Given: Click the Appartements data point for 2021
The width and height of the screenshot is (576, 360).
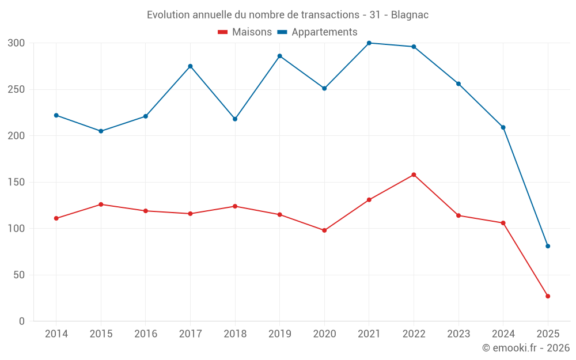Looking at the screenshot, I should (x=369, y=43).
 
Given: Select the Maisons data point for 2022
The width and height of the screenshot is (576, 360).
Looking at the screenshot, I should (x=414, y=175).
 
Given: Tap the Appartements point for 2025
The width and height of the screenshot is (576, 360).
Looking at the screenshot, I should (x=548, y=246).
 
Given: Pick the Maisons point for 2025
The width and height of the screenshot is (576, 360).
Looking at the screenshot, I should (x=548, y=296).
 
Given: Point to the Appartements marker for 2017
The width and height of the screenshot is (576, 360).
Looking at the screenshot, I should (x=190, y=66).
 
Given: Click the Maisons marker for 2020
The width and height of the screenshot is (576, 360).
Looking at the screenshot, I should (x=324, y=230).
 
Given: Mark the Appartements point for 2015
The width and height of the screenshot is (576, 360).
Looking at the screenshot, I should (x=101, y=131).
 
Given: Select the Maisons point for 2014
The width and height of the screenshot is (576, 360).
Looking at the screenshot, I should (x=56, y=218).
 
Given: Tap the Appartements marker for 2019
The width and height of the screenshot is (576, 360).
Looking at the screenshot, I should (x=280, y=56).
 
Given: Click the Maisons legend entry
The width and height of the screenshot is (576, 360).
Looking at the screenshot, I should (x=245, y=32).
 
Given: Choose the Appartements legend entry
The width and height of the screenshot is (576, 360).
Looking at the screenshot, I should (x=317, y=32).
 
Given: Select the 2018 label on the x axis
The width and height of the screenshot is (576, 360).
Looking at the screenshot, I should (x=235, y=334).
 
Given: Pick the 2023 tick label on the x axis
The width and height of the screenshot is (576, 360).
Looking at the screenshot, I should (x=458, y=334).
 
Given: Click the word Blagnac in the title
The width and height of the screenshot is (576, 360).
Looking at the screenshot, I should (x=410, y=15).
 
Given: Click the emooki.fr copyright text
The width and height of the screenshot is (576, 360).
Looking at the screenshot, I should (x=526, y=348).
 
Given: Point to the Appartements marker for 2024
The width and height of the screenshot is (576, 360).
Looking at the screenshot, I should (x=503, y=127).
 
